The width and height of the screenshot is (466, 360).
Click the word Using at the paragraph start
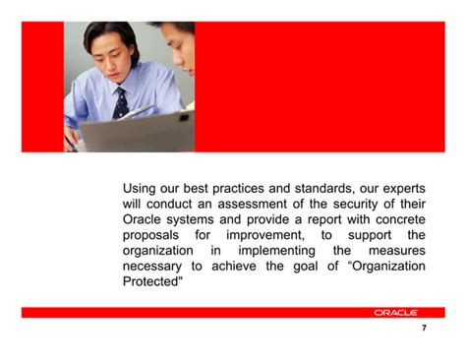click(x=141, y=187)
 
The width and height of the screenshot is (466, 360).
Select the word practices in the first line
click(x=248, y=187)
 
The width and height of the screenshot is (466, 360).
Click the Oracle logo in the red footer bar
click(x=395, y=312)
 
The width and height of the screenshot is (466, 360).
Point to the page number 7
click(x=423, y=329)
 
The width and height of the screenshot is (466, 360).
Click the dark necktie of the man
click(x=121, y=99)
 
